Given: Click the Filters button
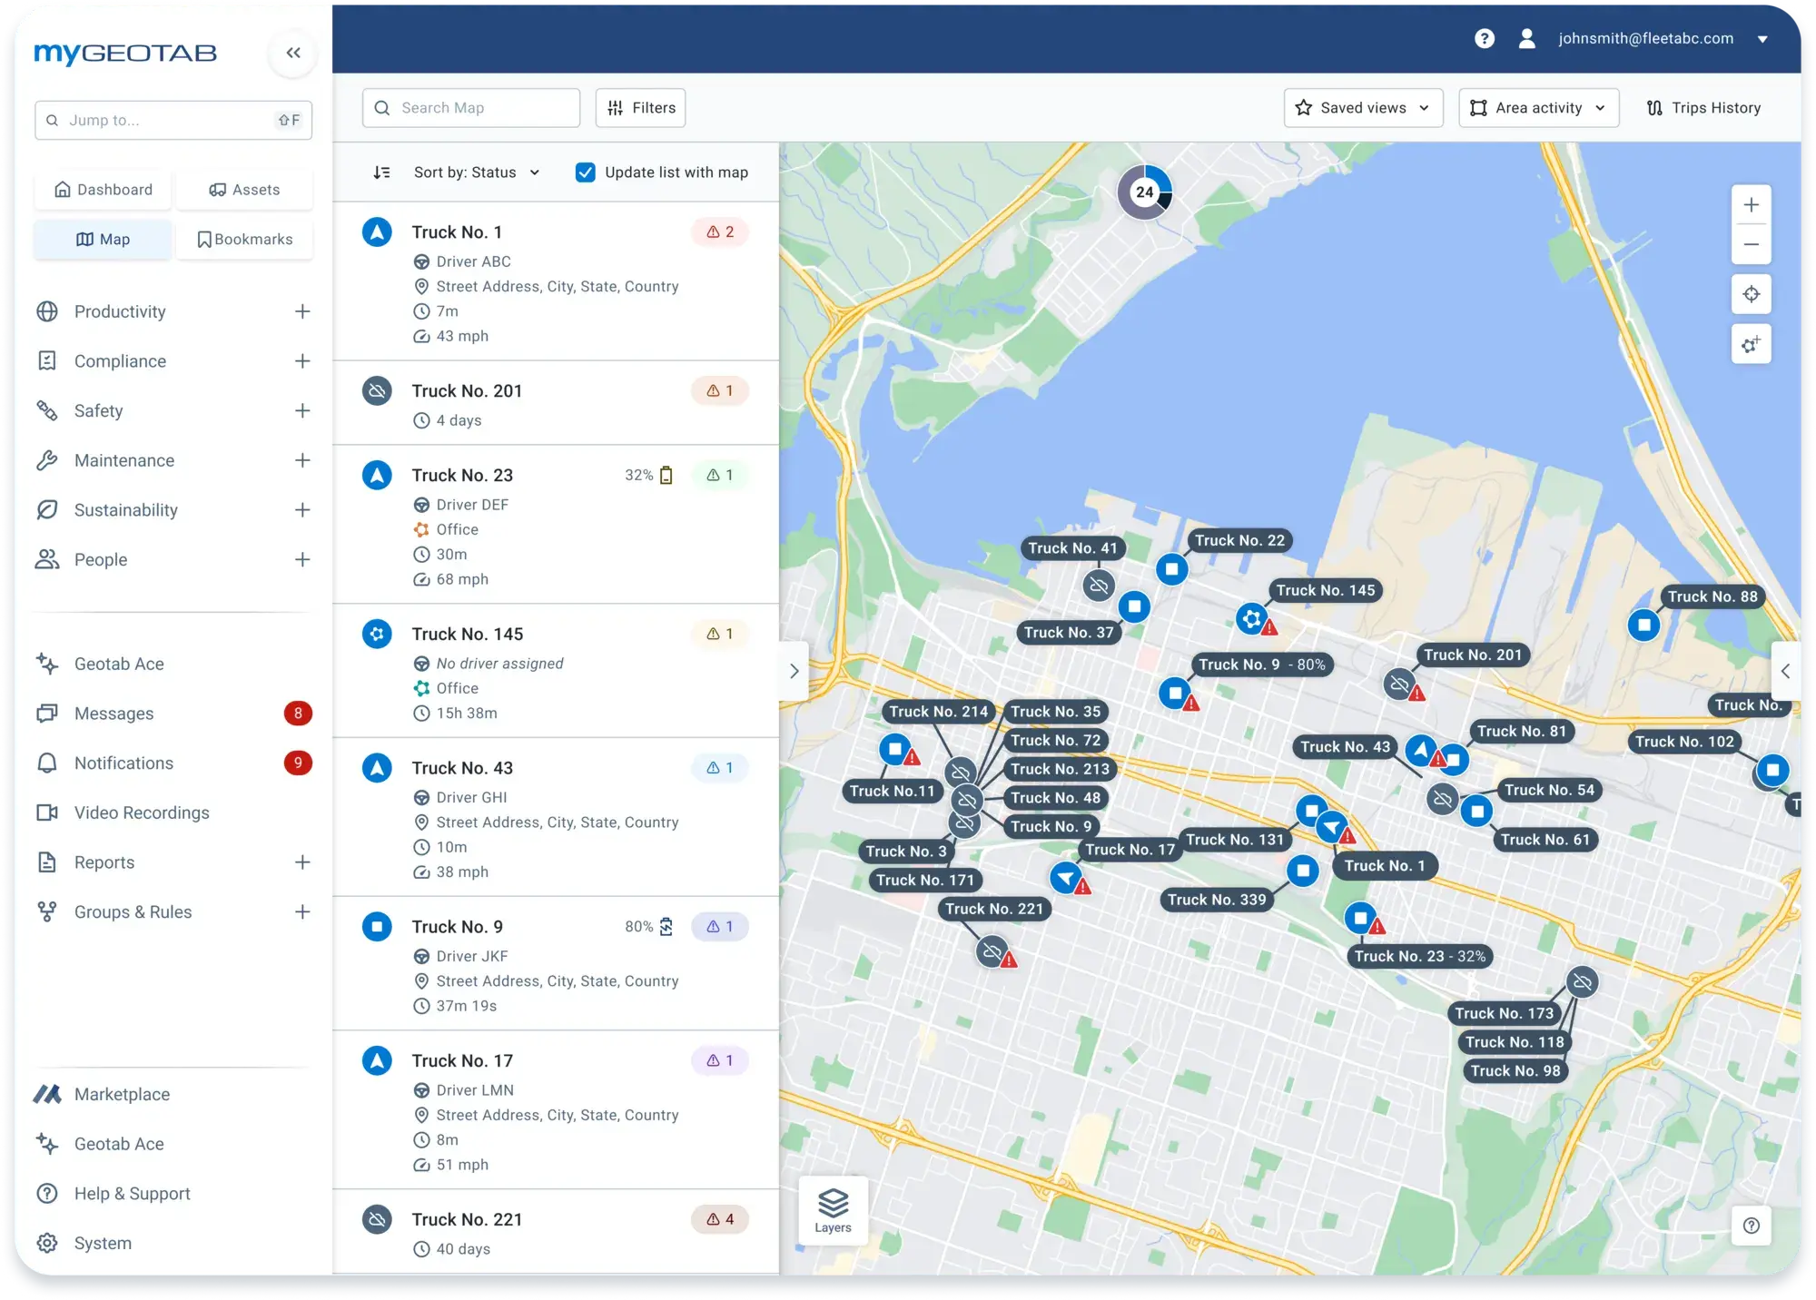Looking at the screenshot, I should [x=641, y=108].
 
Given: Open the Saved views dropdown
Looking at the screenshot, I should [x=1363, y=108].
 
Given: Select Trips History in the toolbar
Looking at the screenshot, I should [x=1703, y=108].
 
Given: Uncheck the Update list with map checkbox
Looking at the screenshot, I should [x=586, y=172].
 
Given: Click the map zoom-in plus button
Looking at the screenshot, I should [x=1751, y=205].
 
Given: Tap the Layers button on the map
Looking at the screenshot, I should [x=833, y=1210].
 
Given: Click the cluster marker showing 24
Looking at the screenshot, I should [x=1144, y=192].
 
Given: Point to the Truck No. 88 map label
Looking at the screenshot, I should [x=1712, y=596].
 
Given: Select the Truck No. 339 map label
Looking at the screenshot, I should [x=1216, y=900].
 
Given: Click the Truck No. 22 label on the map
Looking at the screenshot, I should [x=1239, y=540].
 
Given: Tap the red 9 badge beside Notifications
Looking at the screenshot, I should [x=298, y=763].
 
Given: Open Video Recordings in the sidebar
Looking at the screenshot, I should [x=142, y=812].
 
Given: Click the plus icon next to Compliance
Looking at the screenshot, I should [x=302, y=361].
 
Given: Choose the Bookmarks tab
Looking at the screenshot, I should [x=245, y=240].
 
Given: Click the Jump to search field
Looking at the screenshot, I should [x=173, y=120].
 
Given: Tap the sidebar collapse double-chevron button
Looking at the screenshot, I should [x=293, y=53].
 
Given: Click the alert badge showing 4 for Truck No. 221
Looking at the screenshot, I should [x=720, y=1219].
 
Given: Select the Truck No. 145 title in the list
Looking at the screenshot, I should [x=467, y=634].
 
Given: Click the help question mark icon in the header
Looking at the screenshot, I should [x=1485, y=38].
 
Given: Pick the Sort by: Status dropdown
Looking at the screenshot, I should [x=476, y=172].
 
